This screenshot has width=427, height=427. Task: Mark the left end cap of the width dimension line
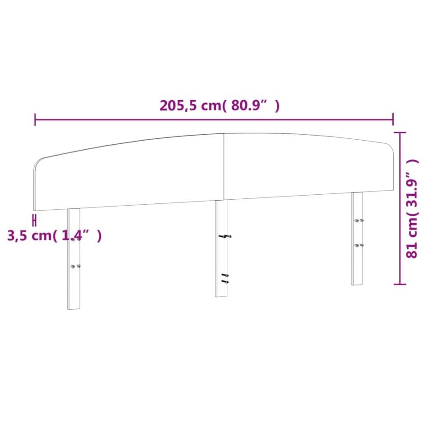[35, 119]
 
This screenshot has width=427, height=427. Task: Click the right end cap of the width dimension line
[393, 119]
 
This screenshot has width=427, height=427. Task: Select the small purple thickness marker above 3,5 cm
[34, 220]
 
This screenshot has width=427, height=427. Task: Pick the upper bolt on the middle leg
[225, 236]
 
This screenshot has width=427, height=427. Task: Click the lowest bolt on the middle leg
[225, 282]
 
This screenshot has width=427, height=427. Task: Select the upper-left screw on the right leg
[356, 220]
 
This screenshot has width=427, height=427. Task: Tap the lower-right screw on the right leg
[362, 245]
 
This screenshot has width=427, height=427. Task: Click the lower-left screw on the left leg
[72, 266]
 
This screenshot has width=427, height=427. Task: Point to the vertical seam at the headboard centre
[224, 167]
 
